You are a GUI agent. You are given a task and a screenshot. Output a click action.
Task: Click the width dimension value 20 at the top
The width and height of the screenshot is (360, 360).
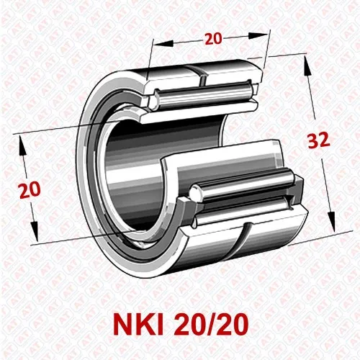tap(213, 39)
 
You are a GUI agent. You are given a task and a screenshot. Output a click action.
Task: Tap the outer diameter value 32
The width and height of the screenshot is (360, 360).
tap(318, 141)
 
